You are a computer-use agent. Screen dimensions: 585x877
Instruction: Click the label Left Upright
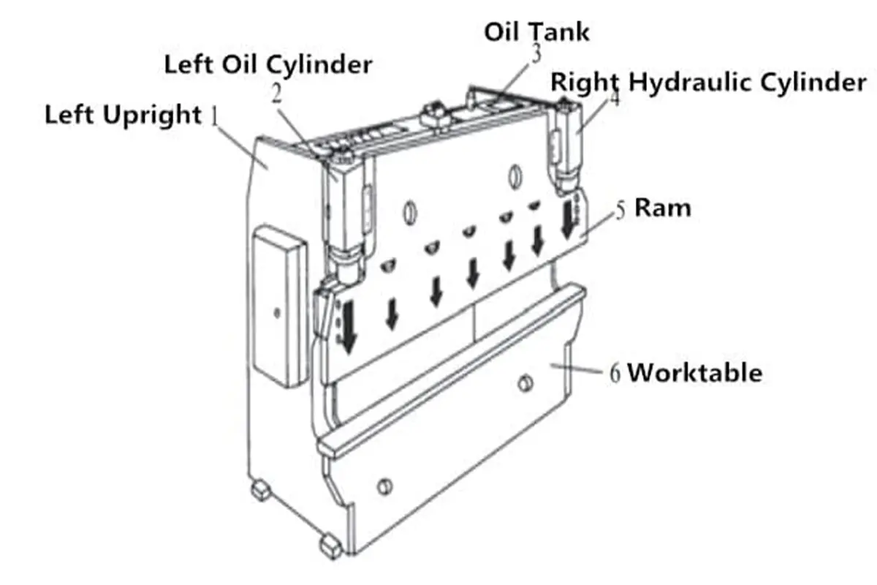[x=122, y=116]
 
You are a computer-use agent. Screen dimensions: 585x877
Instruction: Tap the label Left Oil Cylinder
[x=267, y=64]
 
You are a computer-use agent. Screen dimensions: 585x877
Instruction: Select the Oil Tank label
[x=536, y=31]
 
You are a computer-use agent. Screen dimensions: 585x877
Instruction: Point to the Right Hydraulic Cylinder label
[x=708, y=82]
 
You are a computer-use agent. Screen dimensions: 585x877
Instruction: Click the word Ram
[x=662, y=208]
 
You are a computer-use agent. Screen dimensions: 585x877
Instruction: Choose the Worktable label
[x=694, y=373]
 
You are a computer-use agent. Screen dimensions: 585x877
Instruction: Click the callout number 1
[x=215, y=116]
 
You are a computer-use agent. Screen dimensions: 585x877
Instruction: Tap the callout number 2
[x=276, y=94]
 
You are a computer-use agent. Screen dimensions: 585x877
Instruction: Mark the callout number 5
[x=620, y=210]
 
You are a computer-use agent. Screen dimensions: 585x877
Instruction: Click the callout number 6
[x=615, y=374]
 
